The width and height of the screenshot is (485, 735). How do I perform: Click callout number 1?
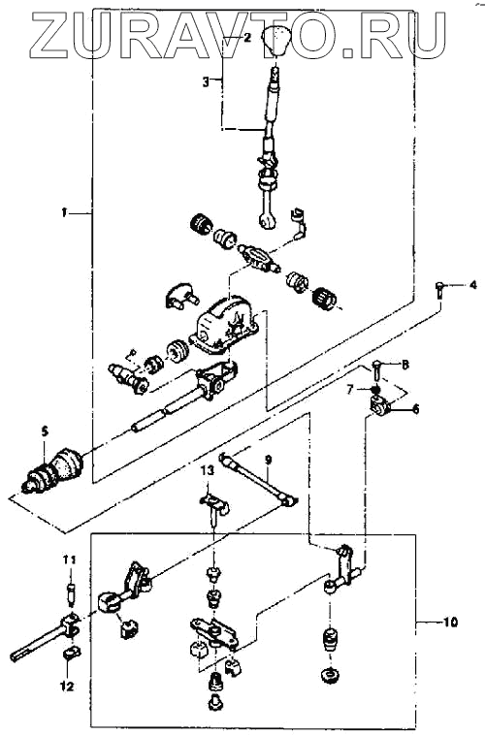(64, 212)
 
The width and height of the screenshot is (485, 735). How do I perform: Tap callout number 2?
(246, 38)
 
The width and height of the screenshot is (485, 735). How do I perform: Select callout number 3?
(206, 81)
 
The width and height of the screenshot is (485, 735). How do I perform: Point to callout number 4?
(473, 284)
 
